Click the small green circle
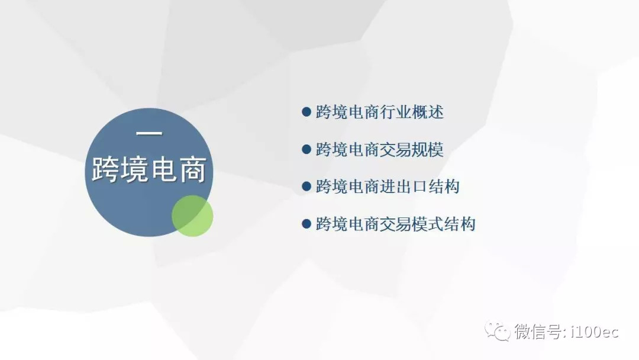pyautogui.click(x=192, y=216)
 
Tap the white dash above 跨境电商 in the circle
pyautogui.click(x=149, y=133)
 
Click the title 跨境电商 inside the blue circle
pyautogui.click(x=149, y=169)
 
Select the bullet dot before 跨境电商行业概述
pyautogui.click(x=306, y=112)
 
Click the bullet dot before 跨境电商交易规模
pyautogui.click(x=306, y=149)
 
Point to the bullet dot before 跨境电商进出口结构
pyautogui.click(x=306, y=187)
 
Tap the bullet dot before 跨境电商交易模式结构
pyautogui.click(x=306, y=224)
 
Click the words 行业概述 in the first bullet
pyautogui.click(x=412, y=112)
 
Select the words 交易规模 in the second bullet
pyautogui.click(x=412, y=149)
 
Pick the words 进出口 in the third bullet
pyautogui.click(x=404, y=187)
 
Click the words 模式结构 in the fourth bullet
pyautogui.click(x=443, y=224)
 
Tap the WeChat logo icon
pyautogui.click(x=497, y=330)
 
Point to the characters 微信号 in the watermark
pyautogui.click(x=538, y=332)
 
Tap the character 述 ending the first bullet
pyautogui.click(x=435, y=112)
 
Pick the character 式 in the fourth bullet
pyautogui.click(x=435, y=224)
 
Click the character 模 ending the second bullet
pyautogui.click(x=435, y=149)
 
